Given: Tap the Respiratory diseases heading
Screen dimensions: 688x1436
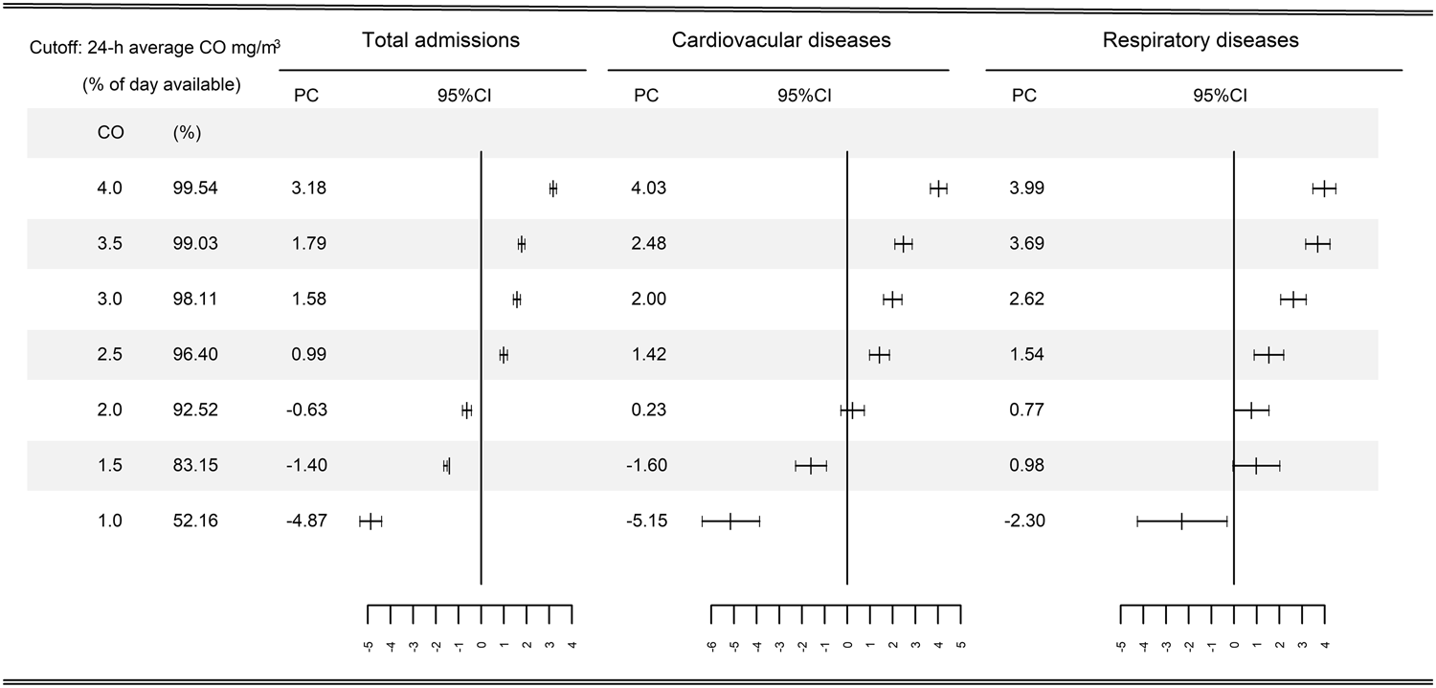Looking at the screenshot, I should pos(1200,40).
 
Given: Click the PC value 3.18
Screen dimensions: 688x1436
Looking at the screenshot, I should pos(309,189).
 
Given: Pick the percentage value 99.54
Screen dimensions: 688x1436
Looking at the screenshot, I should pos(195,189).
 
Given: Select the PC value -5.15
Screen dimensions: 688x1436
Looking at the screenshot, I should pos(645,522).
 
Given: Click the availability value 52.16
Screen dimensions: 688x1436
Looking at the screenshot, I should pos(195,522).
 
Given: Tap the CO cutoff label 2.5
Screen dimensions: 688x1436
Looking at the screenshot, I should pos(110,355).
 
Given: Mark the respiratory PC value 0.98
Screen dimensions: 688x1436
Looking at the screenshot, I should pos(1024,466).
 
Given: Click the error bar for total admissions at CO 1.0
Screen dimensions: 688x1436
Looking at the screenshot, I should pos(370,521).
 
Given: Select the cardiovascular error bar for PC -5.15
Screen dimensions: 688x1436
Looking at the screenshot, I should pos(730,521).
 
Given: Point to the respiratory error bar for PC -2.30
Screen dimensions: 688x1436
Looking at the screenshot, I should pos(1181,521).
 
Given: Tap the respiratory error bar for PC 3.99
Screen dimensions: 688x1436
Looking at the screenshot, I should pos(1324,189).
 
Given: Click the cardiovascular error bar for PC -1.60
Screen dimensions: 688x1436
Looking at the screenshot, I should pos(811,466).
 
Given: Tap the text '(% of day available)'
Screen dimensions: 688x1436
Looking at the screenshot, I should pos(161,84).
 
